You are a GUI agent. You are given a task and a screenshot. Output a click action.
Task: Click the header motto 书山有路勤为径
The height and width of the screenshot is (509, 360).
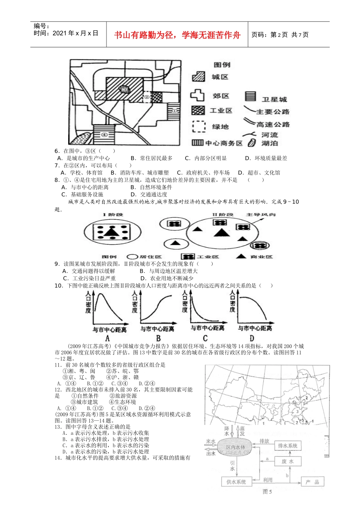177,35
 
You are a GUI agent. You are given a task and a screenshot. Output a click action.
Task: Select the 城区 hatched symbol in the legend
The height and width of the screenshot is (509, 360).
199,77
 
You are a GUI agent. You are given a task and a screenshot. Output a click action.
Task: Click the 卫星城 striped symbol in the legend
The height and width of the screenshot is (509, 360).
250,96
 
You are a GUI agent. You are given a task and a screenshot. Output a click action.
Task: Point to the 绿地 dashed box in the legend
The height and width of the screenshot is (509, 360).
199,126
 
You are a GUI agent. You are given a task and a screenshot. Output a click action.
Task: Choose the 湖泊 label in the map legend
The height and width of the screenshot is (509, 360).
269,143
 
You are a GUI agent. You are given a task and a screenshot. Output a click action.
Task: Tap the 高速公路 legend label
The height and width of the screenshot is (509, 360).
273,125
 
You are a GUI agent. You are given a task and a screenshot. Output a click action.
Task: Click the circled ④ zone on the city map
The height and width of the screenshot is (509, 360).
104,135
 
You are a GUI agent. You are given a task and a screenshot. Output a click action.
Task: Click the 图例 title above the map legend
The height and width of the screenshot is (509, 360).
222,65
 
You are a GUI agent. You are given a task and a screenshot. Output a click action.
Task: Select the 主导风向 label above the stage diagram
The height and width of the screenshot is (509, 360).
261,215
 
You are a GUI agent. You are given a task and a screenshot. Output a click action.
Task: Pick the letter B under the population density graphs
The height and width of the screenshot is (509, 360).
158,338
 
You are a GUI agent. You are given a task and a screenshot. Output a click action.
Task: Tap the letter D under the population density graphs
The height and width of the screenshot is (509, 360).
252,338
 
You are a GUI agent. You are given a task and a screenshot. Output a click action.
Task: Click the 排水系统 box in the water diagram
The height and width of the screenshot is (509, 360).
288,446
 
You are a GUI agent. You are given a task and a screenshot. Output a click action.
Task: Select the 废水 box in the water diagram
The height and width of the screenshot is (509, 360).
287,461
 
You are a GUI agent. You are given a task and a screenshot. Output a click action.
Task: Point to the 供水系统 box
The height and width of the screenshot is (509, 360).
236,482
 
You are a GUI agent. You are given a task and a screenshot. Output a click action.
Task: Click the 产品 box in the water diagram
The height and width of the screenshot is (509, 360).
312,482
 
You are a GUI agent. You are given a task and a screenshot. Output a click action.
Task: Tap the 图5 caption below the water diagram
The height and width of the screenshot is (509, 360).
267,492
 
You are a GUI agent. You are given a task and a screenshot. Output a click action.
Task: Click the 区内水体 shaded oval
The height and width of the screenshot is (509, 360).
236,447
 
